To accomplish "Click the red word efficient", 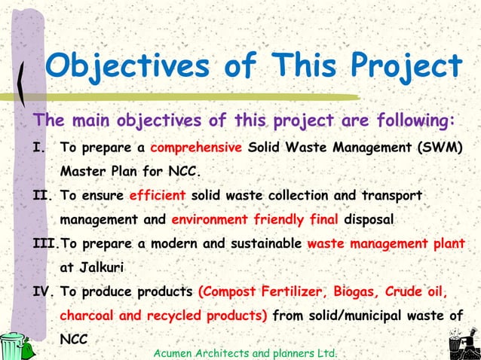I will click(158, 195).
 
